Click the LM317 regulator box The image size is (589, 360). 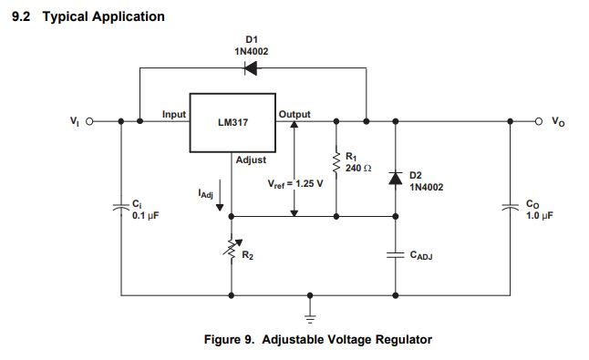tap(232, 122)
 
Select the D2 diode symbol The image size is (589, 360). tap(395, 178)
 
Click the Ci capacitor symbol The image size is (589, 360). tap(121, 208)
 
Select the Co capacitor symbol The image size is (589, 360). tap(509, 208)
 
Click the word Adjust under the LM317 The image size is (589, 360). tap(251, 159)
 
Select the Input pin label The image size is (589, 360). tap(174, 114)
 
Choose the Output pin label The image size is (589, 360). tap(294, 114)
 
